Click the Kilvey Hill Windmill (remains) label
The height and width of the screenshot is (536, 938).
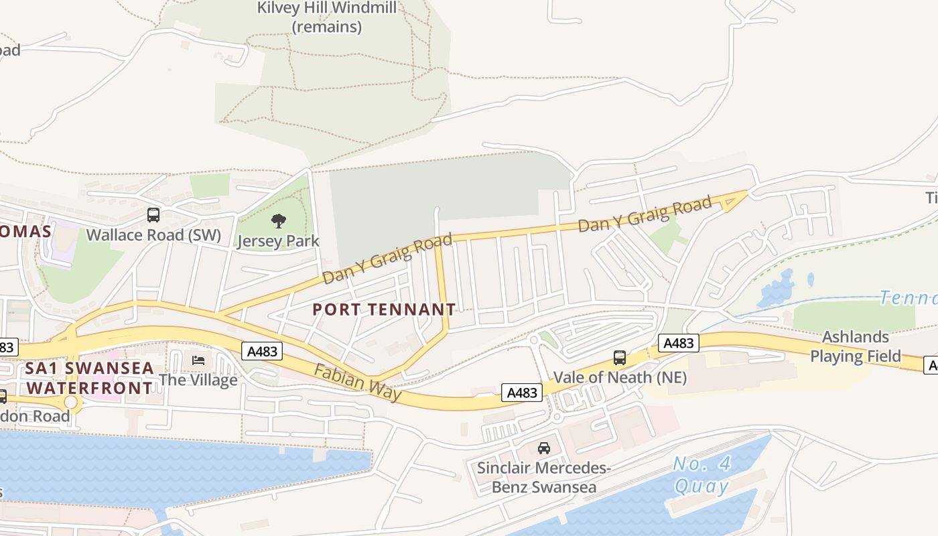pyautogui.click(x=327, y=17)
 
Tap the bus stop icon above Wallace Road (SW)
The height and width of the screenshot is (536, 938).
pyautogui.click(x=153, y=215)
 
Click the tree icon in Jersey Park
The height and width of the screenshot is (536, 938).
pyautogui.click(x=278, y=221)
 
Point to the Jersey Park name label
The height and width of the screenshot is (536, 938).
pyautogui.click(x=278, y=241)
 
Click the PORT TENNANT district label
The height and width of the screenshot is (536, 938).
pyautogui.click(x=384, y=310)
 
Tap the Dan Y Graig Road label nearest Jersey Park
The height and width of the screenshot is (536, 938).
pyautogui.click(x=387, y=258)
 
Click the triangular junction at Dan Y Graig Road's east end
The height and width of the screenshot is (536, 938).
pyautogui.click(x=736, y=200)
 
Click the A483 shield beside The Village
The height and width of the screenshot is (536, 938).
pyautogui.click(x=262, y=351)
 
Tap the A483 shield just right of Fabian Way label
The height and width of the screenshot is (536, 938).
pyautogui.click(x=522, y=393)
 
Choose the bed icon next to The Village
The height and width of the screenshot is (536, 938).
pyautogui.click(x=198, y=360)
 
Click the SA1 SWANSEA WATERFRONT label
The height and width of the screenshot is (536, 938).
pyautogui.click(x=90, y=379)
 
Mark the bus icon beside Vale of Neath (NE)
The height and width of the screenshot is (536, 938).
pyautogui.click(x=620, y=358)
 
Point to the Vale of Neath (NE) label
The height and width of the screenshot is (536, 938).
pyautogui.click(x=620, y=378)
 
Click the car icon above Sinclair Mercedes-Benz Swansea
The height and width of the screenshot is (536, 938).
pyautogui.click(x=543, y=448)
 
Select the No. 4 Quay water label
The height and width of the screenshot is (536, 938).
pyautogui.click(x=701, y=474)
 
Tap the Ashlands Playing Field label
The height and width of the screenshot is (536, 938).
pyautogui.click(x=856, y=346)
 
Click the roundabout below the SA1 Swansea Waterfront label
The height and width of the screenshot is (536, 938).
pyautogui.click(x=71, y=402)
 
